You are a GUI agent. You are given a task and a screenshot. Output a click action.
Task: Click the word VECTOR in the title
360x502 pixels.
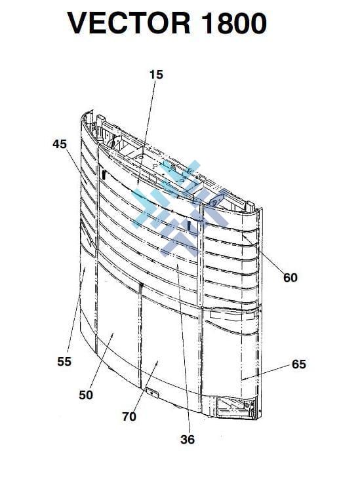pos(129,23)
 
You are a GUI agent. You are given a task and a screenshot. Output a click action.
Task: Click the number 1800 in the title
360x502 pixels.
pos(234,23)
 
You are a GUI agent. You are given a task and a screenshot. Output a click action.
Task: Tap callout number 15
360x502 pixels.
pos(156,75)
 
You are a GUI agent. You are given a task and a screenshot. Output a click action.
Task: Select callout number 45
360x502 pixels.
pos(60,144)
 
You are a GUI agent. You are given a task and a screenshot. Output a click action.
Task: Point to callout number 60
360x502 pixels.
pos(290,277)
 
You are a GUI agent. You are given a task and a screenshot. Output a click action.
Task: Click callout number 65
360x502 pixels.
pos(299,364)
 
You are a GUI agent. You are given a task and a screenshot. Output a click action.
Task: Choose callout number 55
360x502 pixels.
pos(64,362)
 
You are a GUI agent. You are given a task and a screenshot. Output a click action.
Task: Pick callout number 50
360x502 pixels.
pos(86,395)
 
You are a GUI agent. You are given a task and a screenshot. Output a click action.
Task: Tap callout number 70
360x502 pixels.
pos(129,417)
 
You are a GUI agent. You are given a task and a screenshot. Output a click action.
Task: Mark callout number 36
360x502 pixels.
pos(188,440)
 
